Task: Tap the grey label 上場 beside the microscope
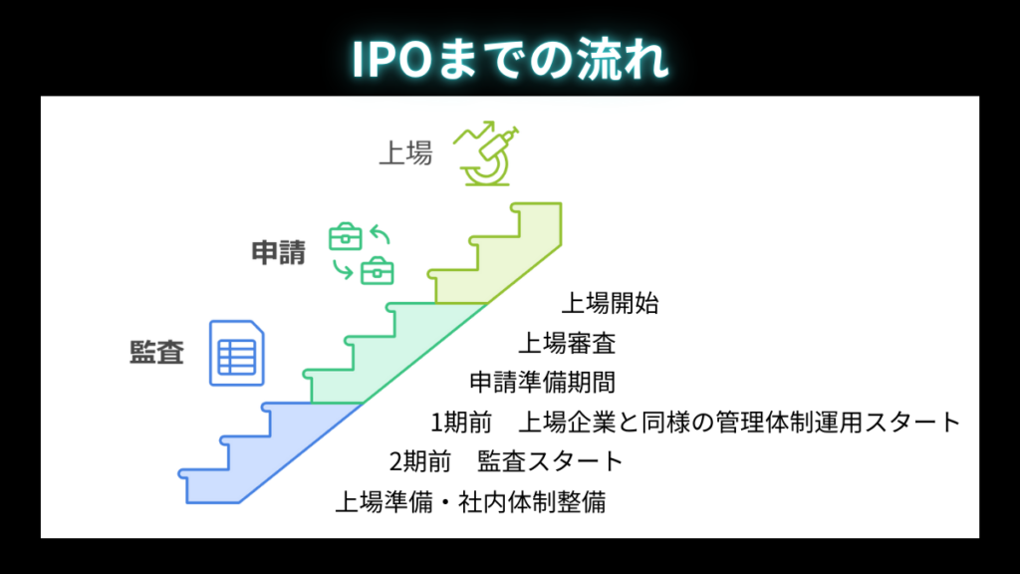point(405,153)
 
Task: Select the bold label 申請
point(278,252)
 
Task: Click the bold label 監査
point(157,353)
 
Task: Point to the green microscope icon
point(489,152)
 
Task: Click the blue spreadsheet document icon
point(236,353)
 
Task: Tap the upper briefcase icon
point(346,236)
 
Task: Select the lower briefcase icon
point(377,269)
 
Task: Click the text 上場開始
point(610,303)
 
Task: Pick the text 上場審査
point(567,344)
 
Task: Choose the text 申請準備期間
point(542,383)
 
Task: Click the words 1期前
point(461,423)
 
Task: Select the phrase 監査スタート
point(550,462)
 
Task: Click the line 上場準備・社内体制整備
point(469,501)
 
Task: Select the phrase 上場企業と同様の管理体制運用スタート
point(739,423)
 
